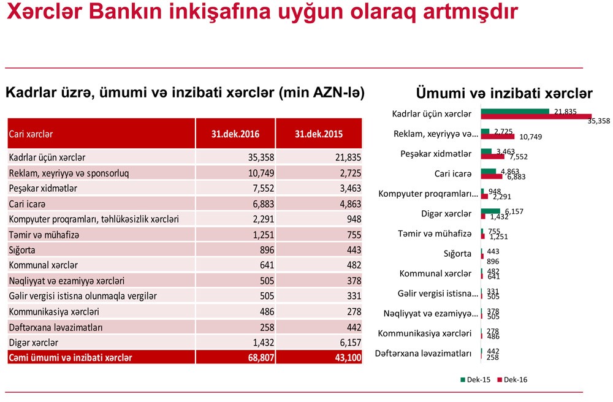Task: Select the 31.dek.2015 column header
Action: (319, 134)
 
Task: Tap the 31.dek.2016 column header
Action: (235, 134)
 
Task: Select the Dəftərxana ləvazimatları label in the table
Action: (56, 327)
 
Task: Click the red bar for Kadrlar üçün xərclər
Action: (536, 116)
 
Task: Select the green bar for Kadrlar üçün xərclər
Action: (515, 112)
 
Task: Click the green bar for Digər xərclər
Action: (490, 211)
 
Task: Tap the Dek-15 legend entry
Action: (475, 380)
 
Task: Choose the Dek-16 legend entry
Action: (512, 380)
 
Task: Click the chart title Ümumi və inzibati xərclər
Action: (504, 94)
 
